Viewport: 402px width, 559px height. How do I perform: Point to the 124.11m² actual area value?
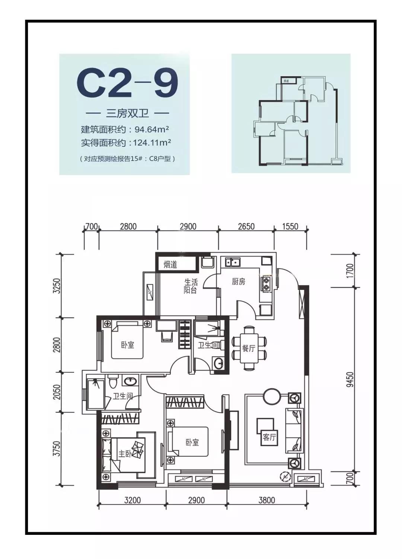pos(152,143)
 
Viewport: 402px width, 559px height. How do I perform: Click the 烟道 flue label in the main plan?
pos(170,265)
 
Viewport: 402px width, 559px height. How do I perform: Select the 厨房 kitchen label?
pos(238,282)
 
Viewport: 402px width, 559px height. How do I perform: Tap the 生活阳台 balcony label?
pos(191,286)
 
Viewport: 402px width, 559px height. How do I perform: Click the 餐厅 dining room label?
pos(248,348)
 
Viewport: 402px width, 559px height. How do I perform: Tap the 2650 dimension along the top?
pos(246,226)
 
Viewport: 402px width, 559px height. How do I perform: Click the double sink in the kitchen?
pos(233,262)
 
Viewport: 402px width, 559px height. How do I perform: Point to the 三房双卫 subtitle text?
pos(127,113)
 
